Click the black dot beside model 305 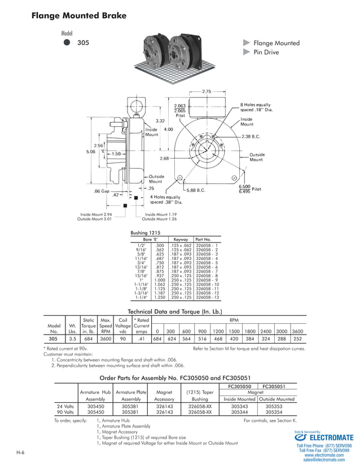click(67, 42)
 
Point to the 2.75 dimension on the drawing click(206, 91)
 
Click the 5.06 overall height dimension click(91, 151)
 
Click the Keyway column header click(181, 239)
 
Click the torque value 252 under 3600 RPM click(297, 339)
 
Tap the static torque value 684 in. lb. click(88, 339)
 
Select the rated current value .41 click(142, 339)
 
